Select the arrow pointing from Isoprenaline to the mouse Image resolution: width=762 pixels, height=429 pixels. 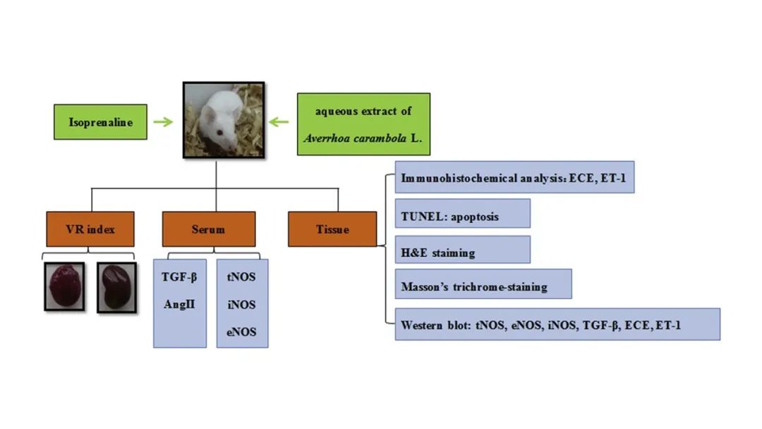coord(163,122)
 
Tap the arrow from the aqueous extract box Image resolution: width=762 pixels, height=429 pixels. coord(279,122)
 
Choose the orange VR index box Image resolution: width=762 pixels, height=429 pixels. coord(89,229)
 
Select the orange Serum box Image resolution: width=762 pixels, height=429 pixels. coord(209,229)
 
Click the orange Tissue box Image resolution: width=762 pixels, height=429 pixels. coord(332,229)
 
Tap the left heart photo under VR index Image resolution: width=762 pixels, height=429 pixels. coord(64,286)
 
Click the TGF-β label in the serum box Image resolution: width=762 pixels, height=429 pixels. coord(179,277)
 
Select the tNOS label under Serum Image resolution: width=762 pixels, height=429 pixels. coord(242,277)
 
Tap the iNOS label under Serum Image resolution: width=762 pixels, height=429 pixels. coord(242,304)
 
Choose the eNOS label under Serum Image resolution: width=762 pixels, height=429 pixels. coord(242,332)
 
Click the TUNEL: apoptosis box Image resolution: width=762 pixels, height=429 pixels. coord(462,216)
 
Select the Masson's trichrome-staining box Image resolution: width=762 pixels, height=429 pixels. coord(483,287)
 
